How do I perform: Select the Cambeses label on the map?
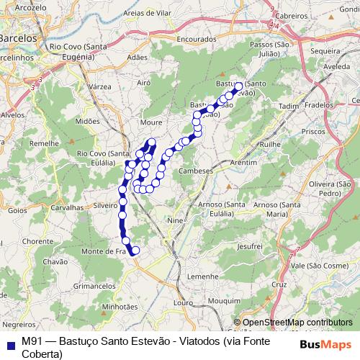tap(197, 171)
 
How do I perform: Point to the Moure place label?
tap(152, 113)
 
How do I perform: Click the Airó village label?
tap(143, 84)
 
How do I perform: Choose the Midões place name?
tap(86, 122)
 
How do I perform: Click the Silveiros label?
tap(106, 205)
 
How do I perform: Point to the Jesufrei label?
tap(248, 246)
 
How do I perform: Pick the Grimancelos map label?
tap(94, 286)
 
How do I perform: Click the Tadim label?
tap(287, 106)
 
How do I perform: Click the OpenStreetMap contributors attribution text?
tap(297, 322)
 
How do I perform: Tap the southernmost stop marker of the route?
tap(135, 250)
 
